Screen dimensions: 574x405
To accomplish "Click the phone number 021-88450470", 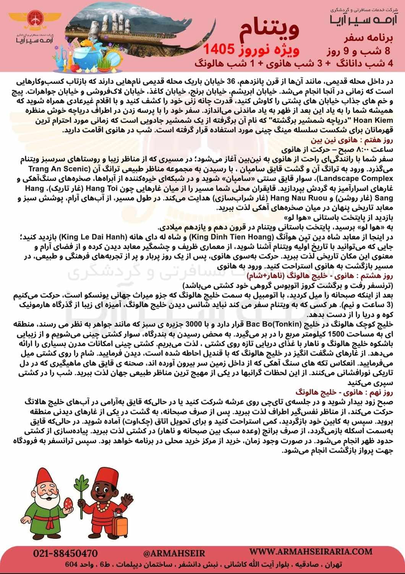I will click(x=65, y=553).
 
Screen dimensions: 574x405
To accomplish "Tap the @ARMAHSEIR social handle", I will click(x=174, y=553).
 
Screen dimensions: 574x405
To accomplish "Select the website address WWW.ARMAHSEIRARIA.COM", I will click(x=311, y=551).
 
